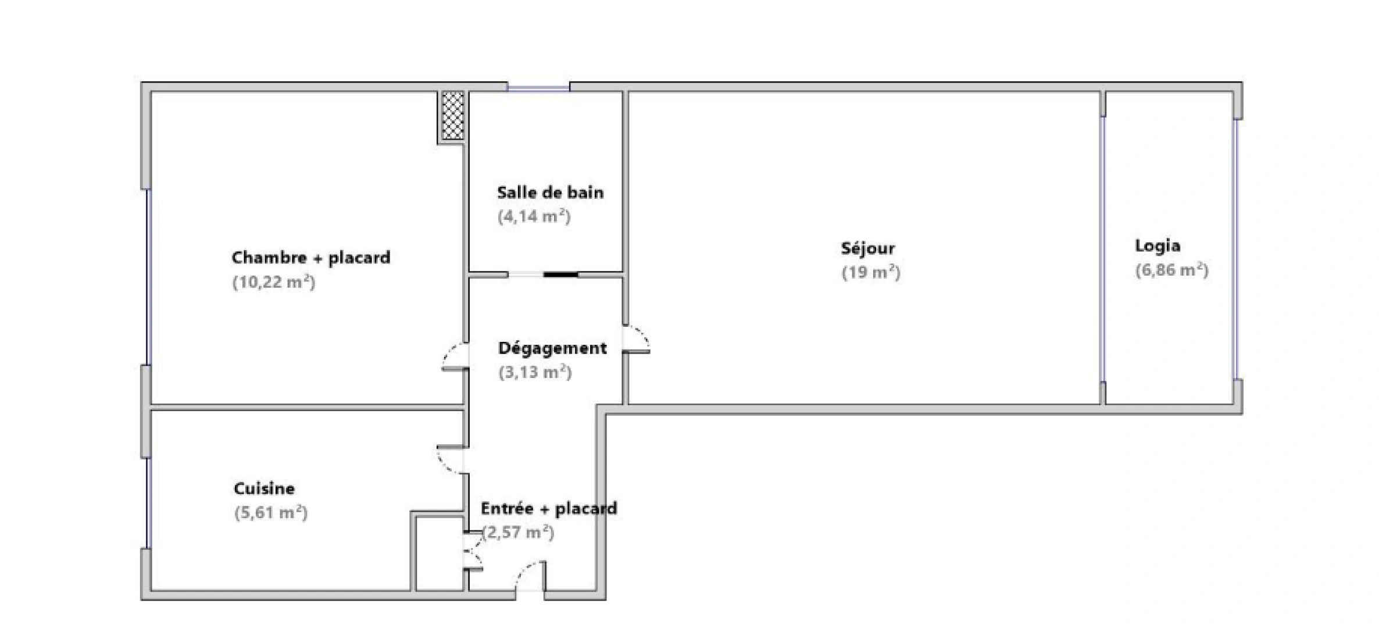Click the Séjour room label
pyautogui.click(x=867, y=248)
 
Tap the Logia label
pyautogui.click(x=1157, y=246)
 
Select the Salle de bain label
pyautogui.click(x=550, y=192)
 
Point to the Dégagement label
pyautogui.click(x=552, y=348)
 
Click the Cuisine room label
pyautogui.click(x=264, y=488)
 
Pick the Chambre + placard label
pyautogui.click(x=310, y=258)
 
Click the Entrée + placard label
pyautogui.click(x=548, y=509)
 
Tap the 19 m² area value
pyautogui.click(x=871, y=273)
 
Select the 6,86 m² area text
pyautogui.click(x=1171, y=270)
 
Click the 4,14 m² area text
pyautogui.click(x=534, y=217)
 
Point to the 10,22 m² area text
pyautogui.click(x=273, y=283)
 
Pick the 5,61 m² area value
pyautogui.click(x=270, y=513)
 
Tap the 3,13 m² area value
pyautogui.click(x=535, y=372)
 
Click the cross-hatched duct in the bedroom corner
pyautogui.click(x=452, y=115)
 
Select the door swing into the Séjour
pyautogui.click(x=638, y=339)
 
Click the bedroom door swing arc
pyautogui.click(x=455, y=356)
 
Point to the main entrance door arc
pyautogui.click(x=530, y=576)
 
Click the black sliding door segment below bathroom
pyautogui.click(x=560, y=274)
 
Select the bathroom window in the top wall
pyautogui.click(x=538, y=88)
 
